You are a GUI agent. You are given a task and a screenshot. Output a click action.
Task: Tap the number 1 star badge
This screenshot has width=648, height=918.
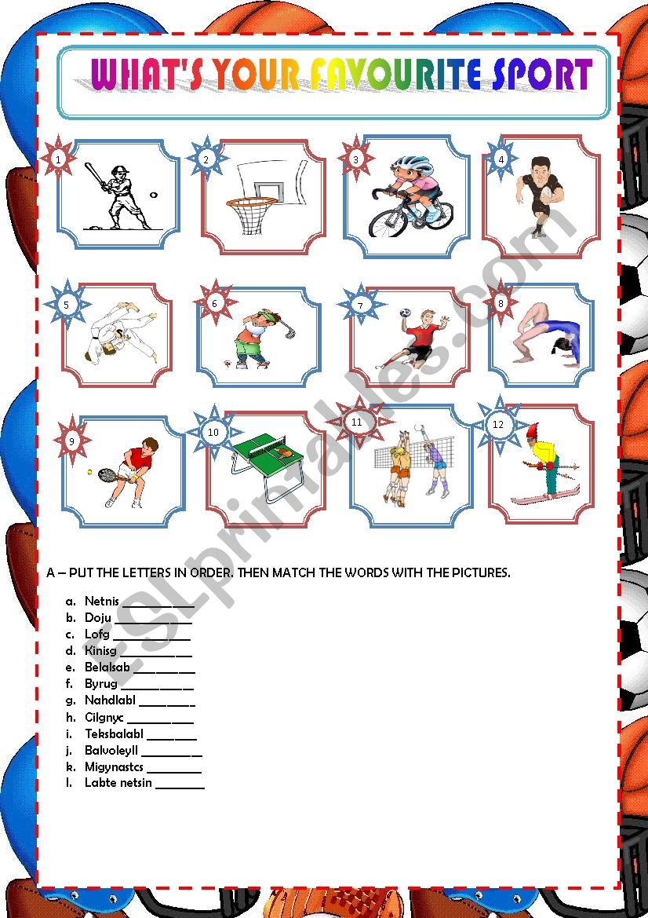pos(59,159)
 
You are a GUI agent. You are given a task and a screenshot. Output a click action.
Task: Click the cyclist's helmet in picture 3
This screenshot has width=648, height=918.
pos(413,164)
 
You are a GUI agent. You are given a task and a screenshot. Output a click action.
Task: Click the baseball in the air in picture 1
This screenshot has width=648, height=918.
pos(154,194)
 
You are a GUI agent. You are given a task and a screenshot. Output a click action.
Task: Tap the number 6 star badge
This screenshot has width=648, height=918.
pos(214,303)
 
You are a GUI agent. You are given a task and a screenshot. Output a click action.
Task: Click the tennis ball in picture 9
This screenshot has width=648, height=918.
pos(90,472)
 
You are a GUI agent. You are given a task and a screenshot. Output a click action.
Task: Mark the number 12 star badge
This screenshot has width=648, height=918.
pos(498,425)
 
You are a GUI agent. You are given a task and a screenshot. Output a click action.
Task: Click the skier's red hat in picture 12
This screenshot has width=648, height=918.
pos(533,432)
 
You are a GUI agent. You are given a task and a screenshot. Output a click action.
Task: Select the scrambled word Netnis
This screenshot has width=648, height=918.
pos(101,601)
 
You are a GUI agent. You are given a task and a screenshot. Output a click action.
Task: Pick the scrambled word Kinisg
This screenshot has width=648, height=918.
pos(100,650)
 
